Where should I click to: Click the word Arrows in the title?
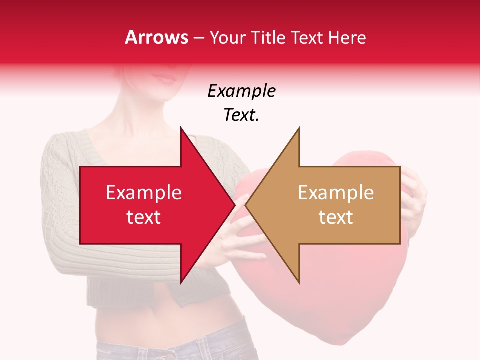point(157,37)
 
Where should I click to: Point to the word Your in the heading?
point(227,38)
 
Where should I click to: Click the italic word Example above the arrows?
point(241,91)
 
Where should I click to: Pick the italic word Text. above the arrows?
point(241,115)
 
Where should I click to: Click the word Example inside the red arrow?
point(144,193)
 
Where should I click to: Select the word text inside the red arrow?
point(144,217)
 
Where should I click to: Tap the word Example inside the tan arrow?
point(336,193)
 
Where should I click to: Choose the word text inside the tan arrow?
point(336,217)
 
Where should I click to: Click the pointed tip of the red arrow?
point(234,205)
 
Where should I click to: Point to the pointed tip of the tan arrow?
point(246,205)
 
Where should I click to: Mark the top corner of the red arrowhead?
point(181,128)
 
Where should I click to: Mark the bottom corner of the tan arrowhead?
point(299,283)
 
